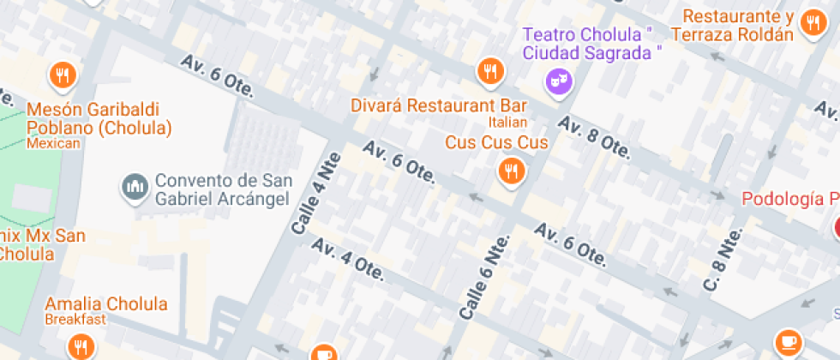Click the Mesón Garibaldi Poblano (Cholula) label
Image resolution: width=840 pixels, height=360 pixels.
click(99, 119)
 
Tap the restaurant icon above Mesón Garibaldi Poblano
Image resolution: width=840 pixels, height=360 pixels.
click(63, 75)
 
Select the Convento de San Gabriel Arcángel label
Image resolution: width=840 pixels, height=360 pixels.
click(223, 189)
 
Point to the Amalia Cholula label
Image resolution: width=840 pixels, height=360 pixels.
click(106, 304)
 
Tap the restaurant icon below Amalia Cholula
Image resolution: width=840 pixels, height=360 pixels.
click(81, 347)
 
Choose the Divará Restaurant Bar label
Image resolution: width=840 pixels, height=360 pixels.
click(439, 105)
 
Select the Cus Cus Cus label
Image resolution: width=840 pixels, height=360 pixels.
click(495, 142)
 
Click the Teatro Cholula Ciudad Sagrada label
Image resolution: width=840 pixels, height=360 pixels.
click(593, 43)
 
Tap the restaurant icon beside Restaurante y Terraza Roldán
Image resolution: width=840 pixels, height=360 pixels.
click(810, 24)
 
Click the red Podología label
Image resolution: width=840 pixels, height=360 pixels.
click(789, 199)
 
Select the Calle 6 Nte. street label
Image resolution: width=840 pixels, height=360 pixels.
click(486, 275)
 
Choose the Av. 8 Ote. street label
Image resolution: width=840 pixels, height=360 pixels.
click(595, 137)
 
